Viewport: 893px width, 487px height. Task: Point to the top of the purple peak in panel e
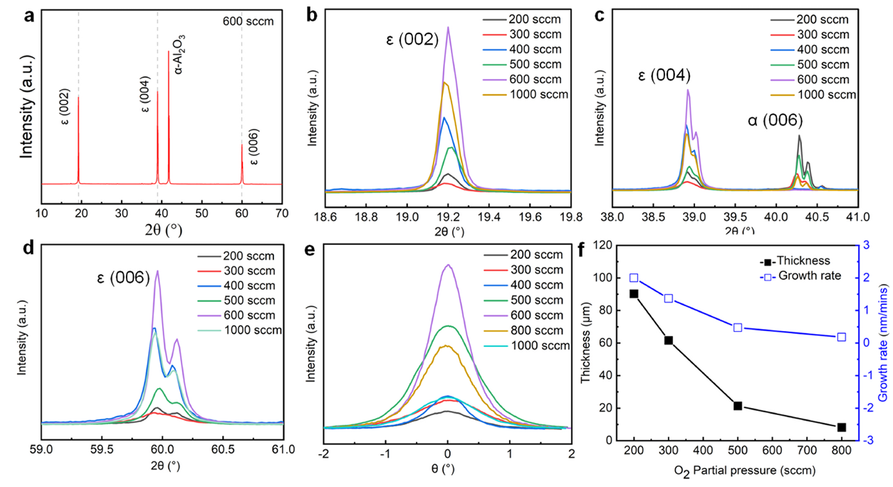tap(448, 265)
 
